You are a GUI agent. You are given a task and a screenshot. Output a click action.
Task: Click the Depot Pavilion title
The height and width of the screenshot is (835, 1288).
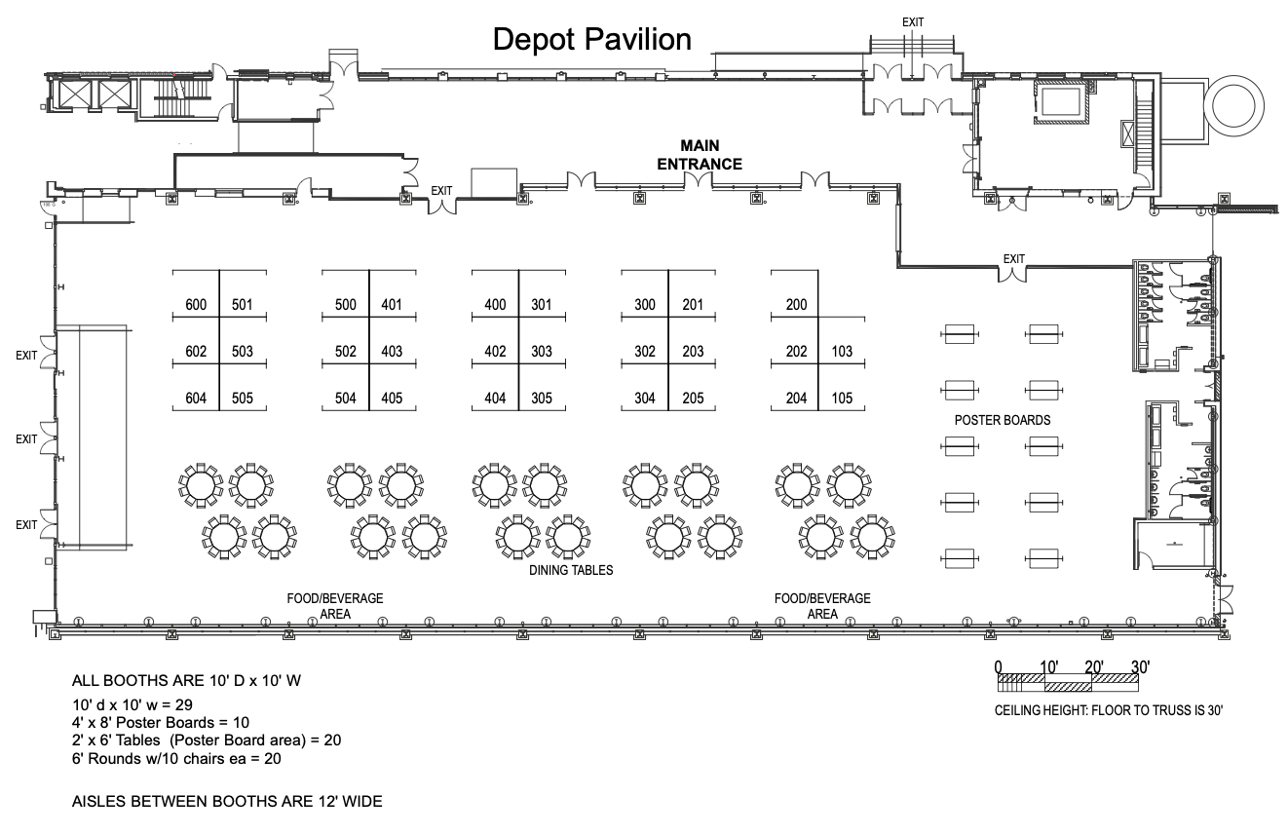(x=592, y=39)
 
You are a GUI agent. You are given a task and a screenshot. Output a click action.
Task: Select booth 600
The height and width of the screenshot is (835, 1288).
(x=196, y=305)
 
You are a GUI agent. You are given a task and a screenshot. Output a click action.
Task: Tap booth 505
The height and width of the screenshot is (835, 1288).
(x=243, y=398)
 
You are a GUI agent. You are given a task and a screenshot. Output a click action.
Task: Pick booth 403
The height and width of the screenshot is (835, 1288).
(x=392, y=352)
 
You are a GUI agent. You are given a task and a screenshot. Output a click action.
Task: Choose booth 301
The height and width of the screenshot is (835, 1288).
(x=542, y=305)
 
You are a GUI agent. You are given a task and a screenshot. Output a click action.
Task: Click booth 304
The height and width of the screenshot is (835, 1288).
(x=645, y=398)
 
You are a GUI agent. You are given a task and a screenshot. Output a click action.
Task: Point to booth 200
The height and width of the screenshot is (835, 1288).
(x=796, y=305)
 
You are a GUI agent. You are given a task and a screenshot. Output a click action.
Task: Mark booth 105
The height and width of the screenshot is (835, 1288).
(x=842, y=398)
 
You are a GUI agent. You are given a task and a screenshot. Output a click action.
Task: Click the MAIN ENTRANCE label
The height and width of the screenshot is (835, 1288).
(x=700, y=154)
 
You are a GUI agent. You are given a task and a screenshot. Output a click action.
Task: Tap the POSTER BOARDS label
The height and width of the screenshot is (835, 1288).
(x=1002, y=420)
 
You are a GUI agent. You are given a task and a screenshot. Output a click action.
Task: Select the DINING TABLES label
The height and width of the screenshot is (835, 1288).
(x=571, y=570)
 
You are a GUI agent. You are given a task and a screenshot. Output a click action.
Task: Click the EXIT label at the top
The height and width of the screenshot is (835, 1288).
(x=913, y=20)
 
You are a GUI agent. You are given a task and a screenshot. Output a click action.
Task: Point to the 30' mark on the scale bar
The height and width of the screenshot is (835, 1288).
(x=1141, y=667)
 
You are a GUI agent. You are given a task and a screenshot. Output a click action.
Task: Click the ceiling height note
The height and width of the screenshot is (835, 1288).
(x=1108, y=711)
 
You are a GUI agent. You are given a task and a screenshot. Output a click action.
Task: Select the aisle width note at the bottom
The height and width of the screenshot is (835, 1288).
(x=227, y=802)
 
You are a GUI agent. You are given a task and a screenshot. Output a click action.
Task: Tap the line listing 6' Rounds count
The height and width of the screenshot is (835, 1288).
(x=183, y=758)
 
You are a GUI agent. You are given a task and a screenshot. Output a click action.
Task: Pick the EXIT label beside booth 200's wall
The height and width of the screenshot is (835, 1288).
(x=1014, y=259)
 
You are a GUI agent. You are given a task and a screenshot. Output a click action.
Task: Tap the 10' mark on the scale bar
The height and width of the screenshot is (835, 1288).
(x=1049, y=667)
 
